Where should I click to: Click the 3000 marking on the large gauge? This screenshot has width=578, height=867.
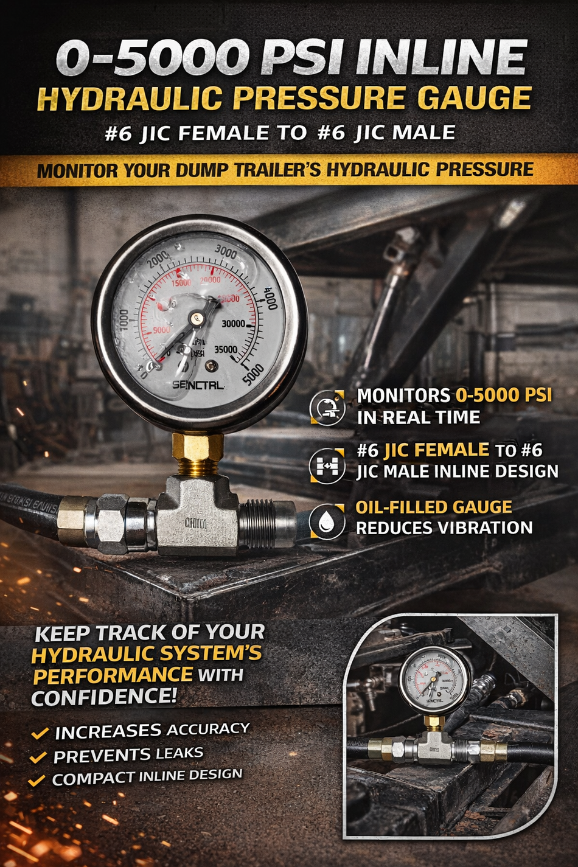click(226, 251)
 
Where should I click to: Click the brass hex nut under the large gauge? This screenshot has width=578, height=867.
click(198, 447)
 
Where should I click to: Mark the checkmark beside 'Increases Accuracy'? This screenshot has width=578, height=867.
click(40, 733)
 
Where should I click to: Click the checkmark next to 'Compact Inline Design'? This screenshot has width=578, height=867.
click(37, 780)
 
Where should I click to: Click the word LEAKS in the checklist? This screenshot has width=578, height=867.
click(179, 753)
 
